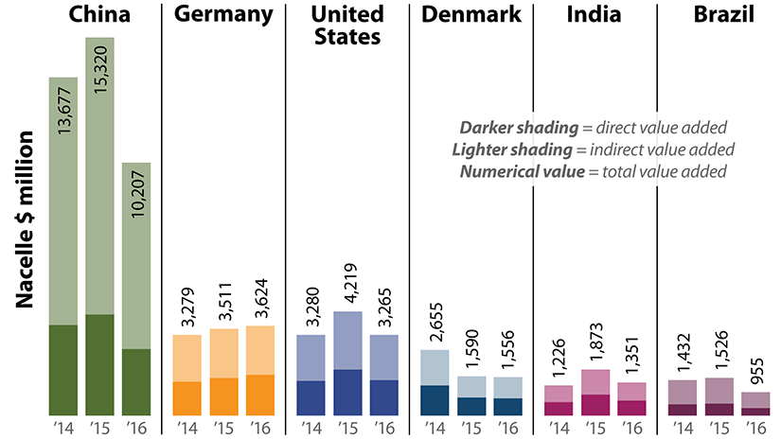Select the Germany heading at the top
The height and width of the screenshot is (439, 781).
224,15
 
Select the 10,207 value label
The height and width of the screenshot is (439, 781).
138,199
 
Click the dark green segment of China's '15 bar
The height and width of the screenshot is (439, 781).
102,365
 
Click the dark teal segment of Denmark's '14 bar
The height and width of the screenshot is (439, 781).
434,400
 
